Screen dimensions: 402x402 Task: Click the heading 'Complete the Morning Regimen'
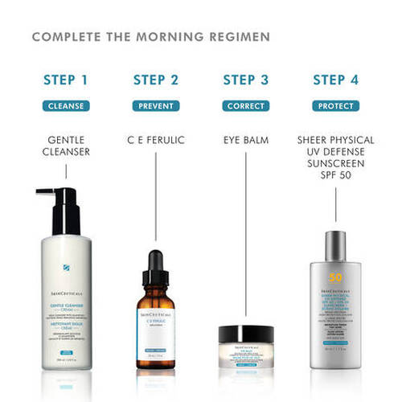coord(151,37)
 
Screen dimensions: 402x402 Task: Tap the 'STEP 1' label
coord(66,80)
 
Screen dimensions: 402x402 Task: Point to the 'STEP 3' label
coord(245,80)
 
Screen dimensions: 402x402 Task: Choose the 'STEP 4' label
coord(335,80)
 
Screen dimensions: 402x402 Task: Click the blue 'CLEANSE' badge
coord(66,105)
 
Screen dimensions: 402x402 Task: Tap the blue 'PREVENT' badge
coord(156,105)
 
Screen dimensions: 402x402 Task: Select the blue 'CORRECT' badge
coord(245,105)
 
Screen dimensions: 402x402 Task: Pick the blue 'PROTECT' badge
coord(335,105)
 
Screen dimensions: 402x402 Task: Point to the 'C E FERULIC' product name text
coord(156,140)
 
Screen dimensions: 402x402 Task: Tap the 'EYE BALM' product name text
coord(245,140)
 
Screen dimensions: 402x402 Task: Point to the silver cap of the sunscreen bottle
coord(336,249)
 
